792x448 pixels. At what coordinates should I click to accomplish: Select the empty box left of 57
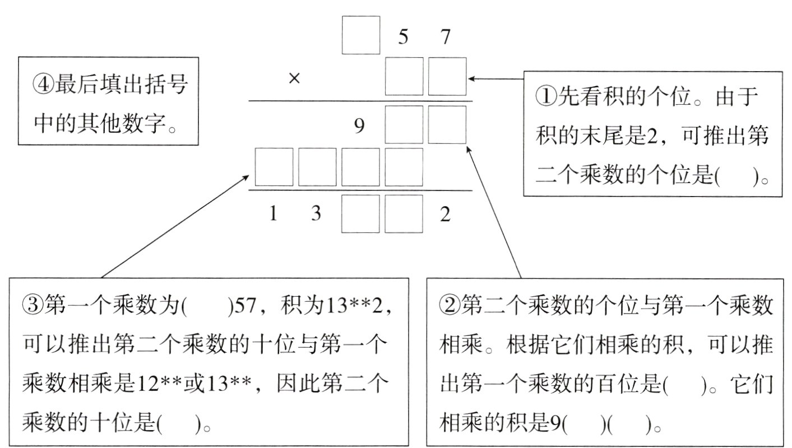click(x=361, y=35)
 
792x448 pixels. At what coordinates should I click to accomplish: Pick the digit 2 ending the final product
click(x=445, y=215)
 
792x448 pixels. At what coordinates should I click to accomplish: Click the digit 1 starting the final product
click(x=273, y=215)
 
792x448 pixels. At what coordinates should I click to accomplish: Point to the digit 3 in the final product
click(x=316, y=215)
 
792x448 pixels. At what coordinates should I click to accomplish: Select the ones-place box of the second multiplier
click(x=447, y=76)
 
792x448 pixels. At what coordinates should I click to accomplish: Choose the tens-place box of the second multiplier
click(x=404, y=76)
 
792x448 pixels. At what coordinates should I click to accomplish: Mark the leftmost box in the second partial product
click(x=274, y=167)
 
